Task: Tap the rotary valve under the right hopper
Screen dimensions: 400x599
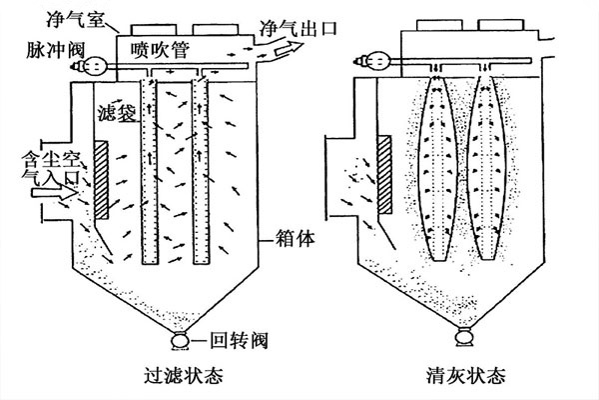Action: click(465, 340)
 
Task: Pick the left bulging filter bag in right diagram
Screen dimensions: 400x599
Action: click(441, 165)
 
